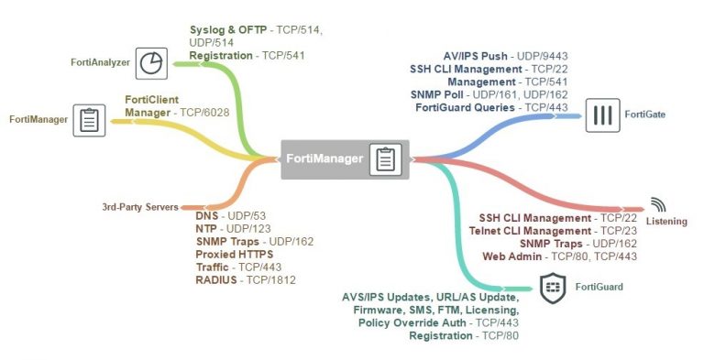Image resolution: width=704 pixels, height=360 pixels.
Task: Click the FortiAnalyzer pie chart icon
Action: click(x=150, y=62)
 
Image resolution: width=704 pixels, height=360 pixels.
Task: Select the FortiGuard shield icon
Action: click(x=552, y=287)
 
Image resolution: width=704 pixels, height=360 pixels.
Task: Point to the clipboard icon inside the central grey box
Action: click(x=385, y=159)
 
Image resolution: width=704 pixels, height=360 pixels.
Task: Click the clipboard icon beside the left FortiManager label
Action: click(x=90, y=119)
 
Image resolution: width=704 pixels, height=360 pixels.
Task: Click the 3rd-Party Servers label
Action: click(x=139, y=207)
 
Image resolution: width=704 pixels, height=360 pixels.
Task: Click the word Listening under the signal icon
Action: click(x=665, y=222)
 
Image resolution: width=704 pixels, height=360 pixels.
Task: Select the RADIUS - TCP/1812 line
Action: click(x=246, y=278)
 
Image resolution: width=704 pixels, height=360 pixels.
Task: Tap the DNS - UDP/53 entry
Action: click(x=226, y=214)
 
